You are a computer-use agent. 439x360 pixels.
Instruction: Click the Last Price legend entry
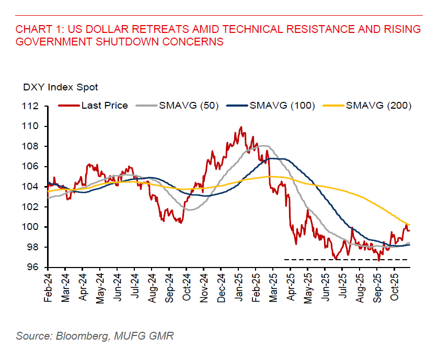click(104, 106)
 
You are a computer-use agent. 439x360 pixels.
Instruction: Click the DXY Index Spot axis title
click(60, 87)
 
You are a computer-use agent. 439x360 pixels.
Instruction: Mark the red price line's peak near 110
click(240, 127)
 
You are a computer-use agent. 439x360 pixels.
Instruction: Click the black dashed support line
click(345, 260)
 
